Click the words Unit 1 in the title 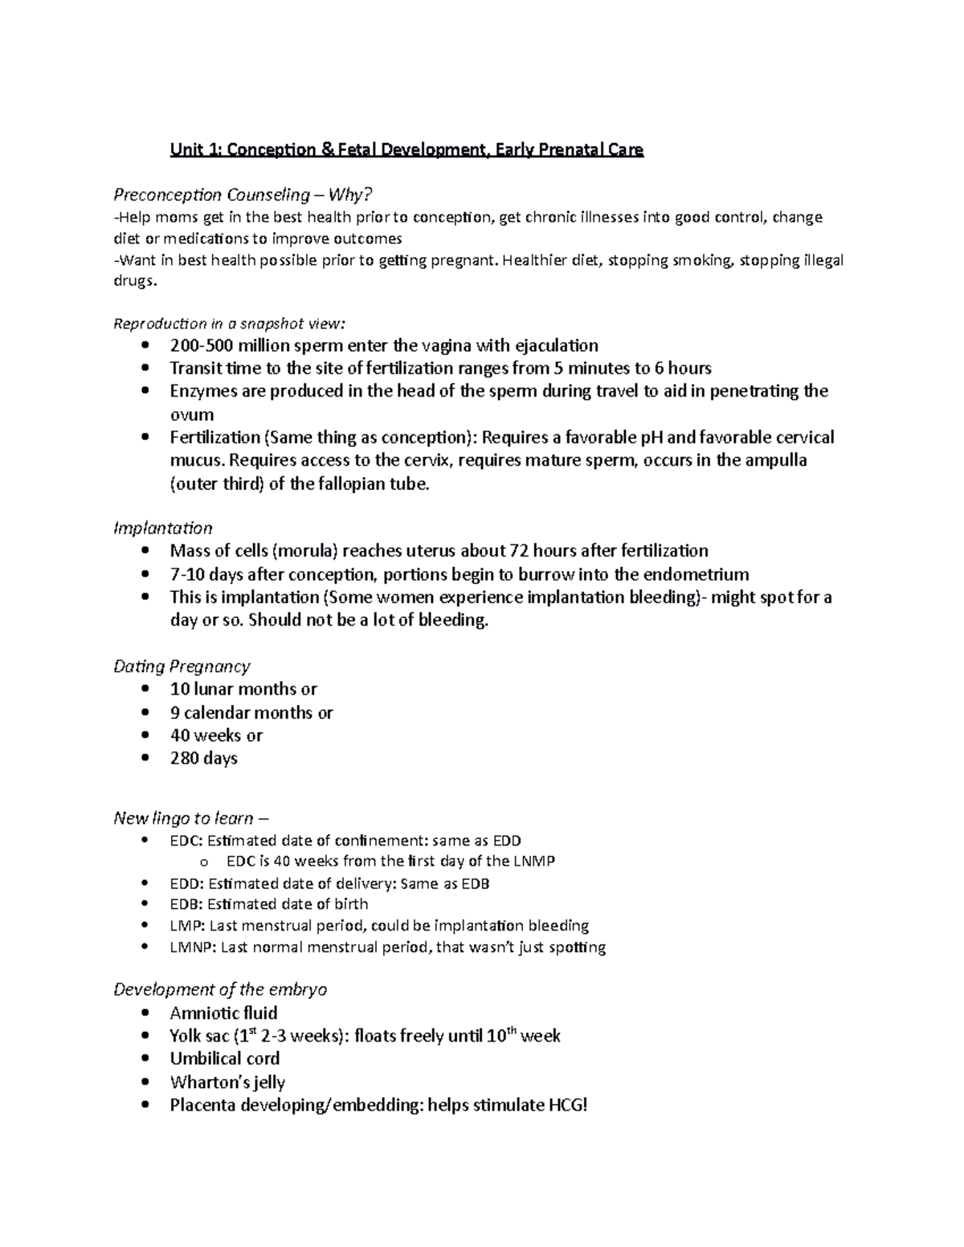coord(190,150)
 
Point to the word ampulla coord(772,461)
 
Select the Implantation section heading coord(163,528)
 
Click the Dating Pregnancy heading coord(182,666)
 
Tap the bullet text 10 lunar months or coord(243,690)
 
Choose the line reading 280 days coord(203,758)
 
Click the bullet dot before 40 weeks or coord(145,736)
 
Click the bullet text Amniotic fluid coord(223,1013)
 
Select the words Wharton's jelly coord(227,1082)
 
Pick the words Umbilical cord coord(225,1059)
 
